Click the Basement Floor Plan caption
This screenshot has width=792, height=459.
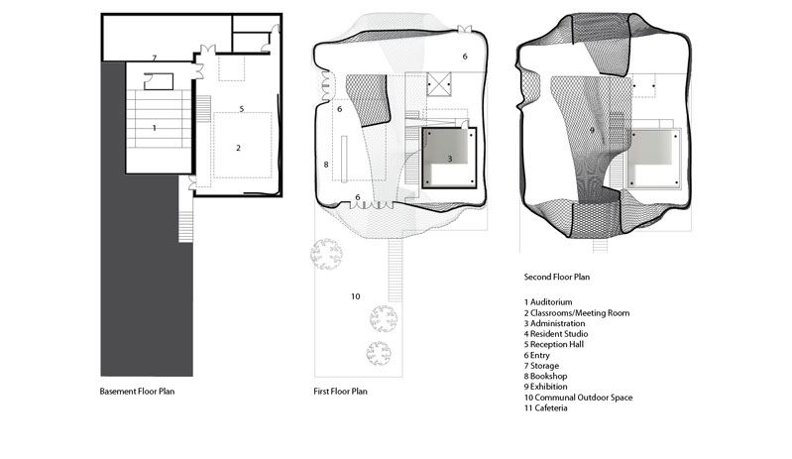pyautogui.click(x=137, y=392)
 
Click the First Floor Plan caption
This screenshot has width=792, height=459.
pyautogui.click(x=340, y=392)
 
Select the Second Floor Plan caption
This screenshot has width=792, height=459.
pyautogui.click(x=557, y=277)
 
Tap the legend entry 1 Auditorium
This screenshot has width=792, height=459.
pyautogui.click(x=548, y=302)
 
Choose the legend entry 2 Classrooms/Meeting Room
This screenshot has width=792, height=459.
pyautogui.click(x=577, y=313)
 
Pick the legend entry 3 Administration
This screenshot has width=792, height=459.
pyautogui.click(x=554, y=323)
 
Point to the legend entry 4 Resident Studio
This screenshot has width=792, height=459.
pyautogui.click(x=556, y=334)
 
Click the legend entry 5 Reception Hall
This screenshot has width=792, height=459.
pyautogui.click(x=553, y=344)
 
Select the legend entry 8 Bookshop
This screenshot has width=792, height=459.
pyautogui.click(x=545, y=376)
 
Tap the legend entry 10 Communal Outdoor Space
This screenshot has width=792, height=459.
pyautogui.click(x=578, y=398)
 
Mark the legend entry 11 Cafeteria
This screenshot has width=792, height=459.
pyautogui.click(x=545, y=408)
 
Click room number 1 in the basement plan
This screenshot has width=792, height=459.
pyautogui.click(x=155, y=128)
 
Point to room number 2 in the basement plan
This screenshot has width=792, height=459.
pyautogui.click(x=239, y=148)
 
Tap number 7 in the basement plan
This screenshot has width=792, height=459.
pyautogui.click(x=155, y=58)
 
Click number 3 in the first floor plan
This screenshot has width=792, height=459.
pyautogui.click(x=450, y=159)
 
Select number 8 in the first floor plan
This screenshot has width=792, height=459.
pyautogui.click(x=326, y=165)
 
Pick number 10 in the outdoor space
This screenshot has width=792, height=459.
pyautogui.click(x=356, y=296)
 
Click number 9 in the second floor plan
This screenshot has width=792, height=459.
pyautogui.click(x=592, y=130)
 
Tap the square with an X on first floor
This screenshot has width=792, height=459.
pyautogui.click(x=438, y=84)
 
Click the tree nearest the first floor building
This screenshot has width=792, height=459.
pyautogui.click(x=326, y=254)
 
